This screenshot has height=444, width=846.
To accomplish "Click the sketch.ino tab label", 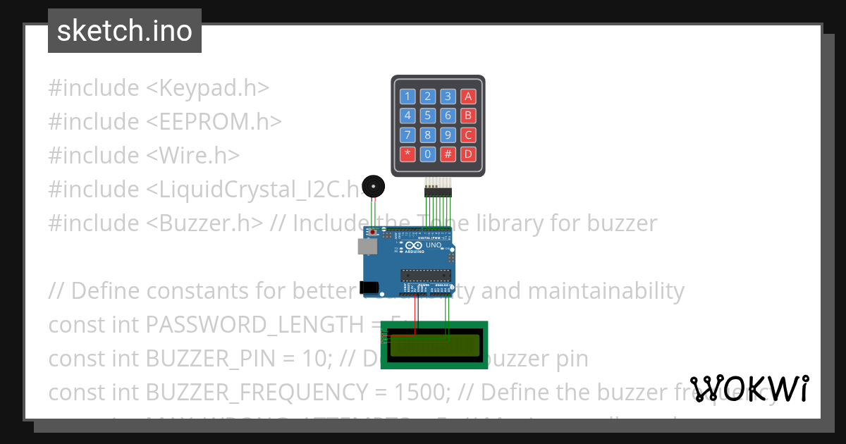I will pyautogui.click(x=125, y=31).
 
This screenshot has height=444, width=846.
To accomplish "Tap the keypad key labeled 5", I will pyautogui.click(x=427, y=116).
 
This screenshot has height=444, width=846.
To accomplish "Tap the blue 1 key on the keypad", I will pyautogui.click(x=407, y=97).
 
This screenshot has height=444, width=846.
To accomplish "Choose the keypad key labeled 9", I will pyautogui.click(x=448, y=135).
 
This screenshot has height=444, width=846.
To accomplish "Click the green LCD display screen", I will pyautogui.click(x=434, y=345).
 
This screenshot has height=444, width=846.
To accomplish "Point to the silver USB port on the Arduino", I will pyautogui.click(x=367, y=246).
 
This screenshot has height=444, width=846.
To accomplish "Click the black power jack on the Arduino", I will pyautogui.click(x=368, y=287).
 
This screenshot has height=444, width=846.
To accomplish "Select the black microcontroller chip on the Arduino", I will pyautogui.click(x=425, y=276).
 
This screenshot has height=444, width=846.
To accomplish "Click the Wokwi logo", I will pyautogui.click(x=749, y=388).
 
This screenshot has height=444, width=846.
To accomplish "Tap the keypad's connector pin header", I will pyautogui.click(x=437, y=191).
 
